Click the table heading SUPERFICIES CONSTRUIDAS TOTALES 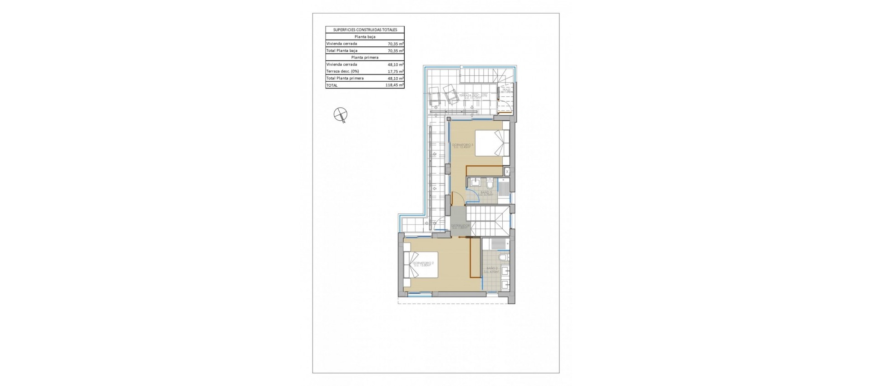click(x=365, y=30)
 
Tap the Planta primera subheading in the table click(x=365, y=58)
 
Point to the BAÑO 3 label click(x=486, y=193)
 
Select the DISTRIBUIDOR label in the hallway click(x=460, y=226)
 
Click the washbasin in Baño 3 click(x=475, y=183)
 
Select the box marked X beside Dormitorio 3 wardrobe click(x=507, y=172)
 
